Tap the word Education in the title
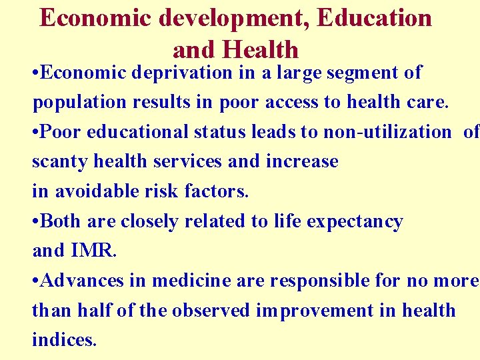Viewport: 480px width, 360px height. (x=375, y=18)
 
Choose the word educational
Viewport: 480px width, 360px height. (x=141, y=132)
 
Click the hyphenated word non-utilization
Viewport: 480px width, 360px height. (x=387, y=132)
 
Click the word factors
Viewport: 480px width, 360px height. (x=217, y=191)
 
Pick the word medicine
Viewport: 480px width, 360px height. (x=193, y=281)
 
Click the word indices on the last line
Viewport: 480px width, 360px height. (x=63, y=340)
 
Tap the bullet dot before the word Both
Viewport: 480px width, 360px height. (x=36, y=222)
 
